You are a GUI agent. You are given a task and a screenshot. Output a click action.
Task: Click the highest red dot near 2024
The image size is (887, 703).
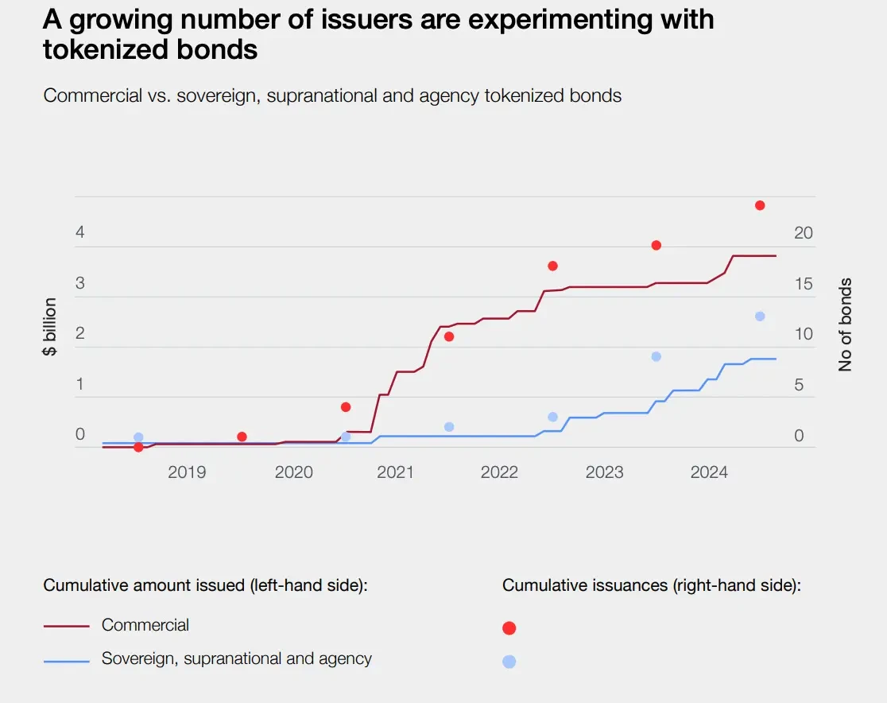pyautogui.click(x=760, y=205)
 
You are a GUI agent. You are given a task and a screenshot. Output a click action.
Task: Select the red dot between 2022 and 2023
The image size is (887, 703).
pyautogui.click(x=552, y=266)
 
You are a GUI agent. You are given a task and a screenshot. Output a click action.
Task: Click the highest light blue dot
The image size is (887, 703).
pyautogui.click(x=760, y=317)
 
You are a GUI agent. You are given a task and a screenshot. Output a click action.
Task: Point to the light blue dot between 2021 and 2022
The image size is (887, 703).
pyautogui.click(x=449, y=427)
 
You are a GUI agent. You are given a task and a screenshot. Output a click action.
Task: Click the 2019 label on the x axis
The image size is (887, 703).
pyautogui.click(x=187, y=472)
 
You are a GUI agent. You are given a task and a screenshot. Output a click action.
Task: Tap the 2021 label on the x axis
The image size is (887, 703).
pyautogui.click(x=395, y=472)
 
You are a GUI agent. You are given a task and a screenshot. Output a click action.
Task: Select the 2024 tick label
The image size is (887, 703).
pyautogui.click(x=709, y=472)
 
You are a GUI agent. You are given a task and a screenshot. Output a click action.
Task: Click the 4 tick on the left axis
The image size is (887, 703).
pyautogui.click(x=79, y=233)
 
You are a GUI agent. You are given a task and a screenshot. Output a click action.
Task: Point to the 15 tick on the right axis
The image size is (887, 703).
pyautogui.click(x=804, y=284)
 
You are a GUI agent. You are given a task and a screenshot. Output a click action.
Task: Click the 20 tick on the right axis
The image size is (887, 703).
pyautogui.click(x=804, y=233)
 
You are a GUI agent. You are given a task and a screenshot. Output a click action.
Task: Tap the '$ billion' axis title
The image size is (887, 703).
pyautogui.click(x=50, y=326)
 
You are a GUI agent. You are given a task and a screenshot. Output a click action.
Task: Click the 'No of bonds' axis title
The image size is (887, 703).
pyautogui.click(x=845, y=324)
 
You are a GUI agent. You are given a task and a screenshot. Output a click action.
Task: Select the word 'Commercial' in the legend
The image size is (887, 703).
pyautogui.click(x=145, y=625)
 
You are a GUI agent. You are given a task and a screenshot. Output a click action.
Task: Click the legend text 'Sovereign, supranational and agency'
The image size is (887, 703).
pyautogui.click(x=236, y=658)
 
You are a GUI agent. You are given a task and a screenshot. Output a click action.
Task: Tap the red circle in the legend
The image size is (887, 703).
pyautogui.click(x=509, y=628)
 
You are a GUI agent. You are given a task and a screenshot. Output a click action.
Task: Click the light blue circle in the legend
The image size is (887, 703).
pyautogui.click(x=509, y=662)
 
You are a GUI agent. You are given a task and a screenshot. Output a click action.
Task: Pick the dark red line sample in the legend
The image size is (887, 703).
pyautogui.click(x=66, y=626)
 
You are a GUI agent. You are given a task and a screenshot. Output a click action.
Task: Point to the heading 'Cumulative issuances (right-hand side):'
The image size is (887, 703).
pyautogui.click(x=651, y=586)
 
